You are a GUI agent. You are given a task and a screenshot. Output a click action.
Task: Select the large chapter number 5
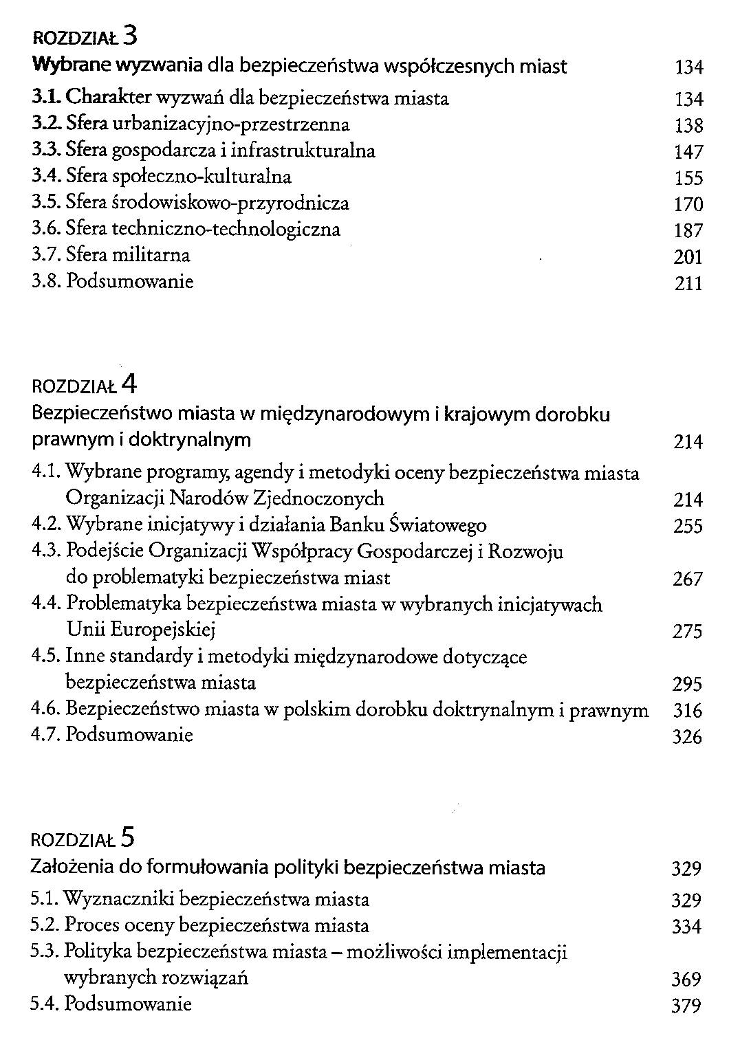click(127, 837)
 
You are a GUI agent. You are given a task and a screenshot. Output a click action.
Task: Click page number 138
click(689, 126)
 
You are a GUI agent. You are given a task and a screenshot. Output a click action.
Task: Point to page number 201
click(688, 257)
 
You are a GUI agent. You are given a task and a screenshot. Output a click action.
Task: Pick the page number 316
click(688, 711)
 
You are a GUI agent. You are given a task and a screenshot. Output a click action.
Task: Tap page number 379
click(686, 1006)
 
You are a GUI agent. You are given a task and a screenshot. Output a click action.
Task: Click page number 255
click(688, 527)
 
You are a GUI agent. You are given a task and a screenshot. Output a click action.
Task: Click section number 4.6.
click(46, 709)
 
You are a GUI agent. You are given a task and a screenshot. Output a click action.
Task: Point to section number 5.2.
click(45, 925)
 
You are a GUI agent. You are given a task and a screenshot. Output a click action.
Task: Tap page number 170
click(689, 204)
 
